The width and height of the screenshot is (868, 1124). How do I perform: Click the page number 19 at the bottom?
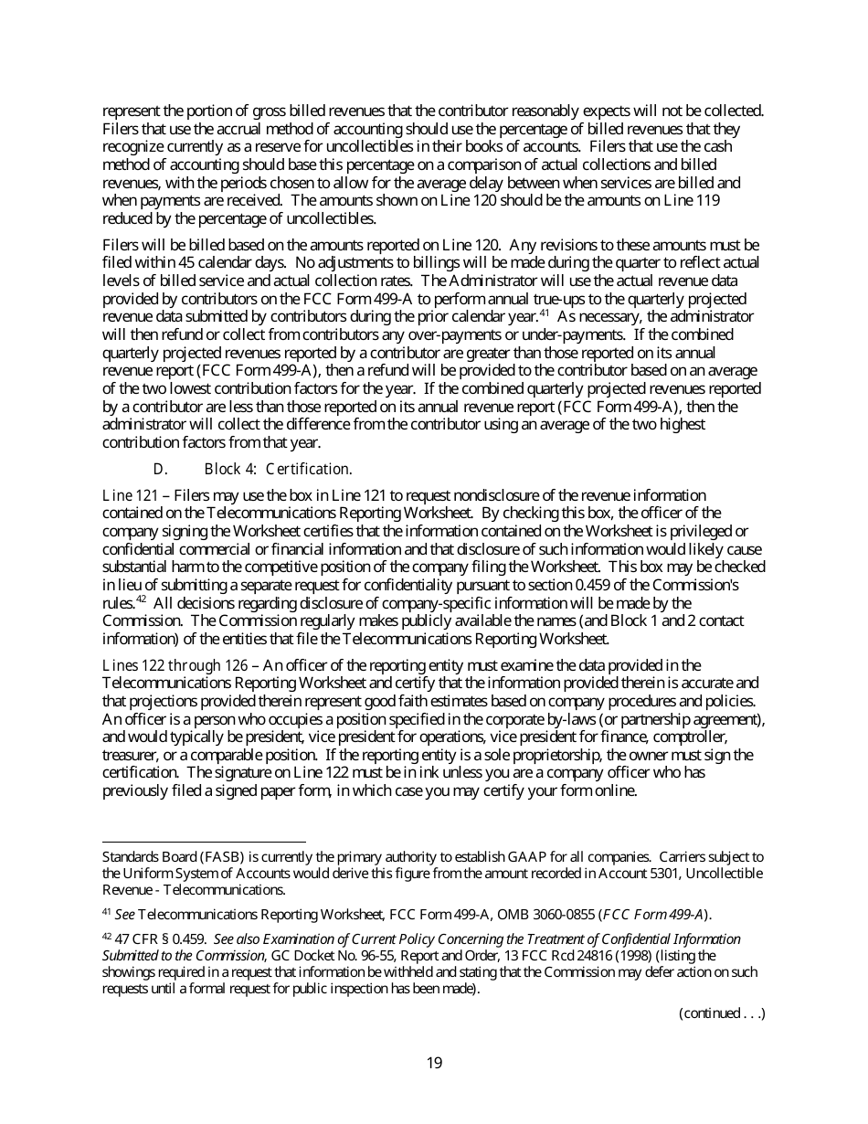coord(434,1063)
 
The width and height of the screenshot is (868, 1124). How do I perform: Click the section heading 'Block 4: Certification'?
coord(277,470)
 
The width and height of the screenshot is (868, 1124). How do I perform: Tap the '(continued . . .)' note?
coord(721,1013)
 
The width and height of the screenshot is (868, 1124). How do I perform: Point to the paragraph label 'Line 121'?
coord(130,495)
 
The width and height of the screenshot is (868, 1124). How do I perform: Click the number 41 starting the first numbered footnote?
coord(107,912)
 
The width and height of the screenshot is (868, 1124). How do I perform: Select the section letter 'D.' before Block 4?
coord(160,470)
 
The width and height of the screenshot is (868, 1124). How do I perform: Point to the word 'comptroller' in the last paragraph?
coord(691,737)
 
